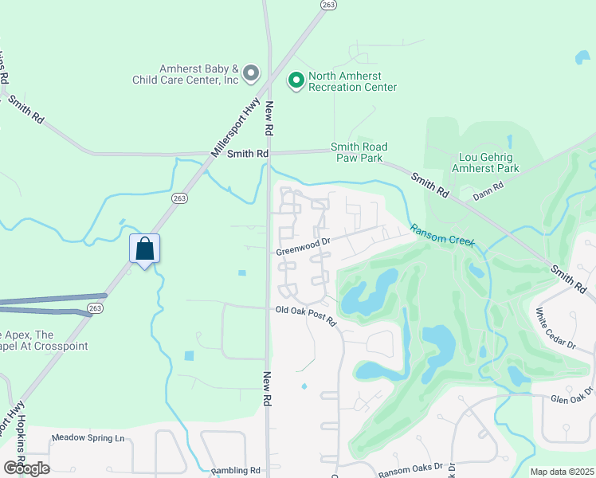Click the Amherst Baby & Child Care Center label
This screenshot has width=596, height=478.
(x=187, y=74)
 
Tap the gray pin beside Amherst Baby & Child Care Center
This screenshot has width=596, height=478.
(x=251, y=74)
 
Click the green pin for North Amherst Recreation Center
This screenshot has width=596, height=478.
(x=296, y=80)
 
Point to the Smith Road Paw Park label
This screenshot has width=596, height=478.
(x=359, y=152)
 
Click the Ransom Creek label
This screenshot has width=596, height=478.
(x=442, y=237)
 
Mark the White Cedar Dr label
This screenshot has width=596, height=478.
(x=555, y=328)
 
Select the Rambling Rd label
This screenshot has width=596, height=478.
(x=237, y=471)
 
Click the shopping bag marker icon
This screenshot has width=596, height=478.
(x=144, y=249)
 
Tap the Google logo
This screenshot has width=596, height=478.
(x=26, y=468)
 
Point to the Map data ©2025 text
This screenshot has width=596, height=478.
(x=563, y=472)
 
